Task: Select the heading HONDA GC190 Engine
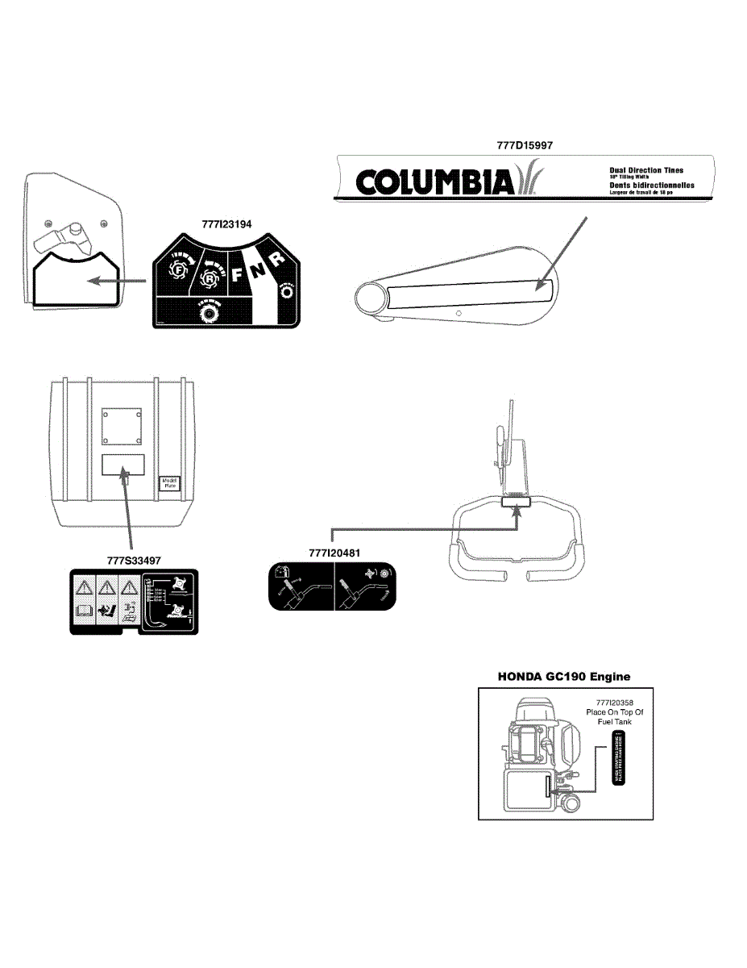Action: [x=563, y=675]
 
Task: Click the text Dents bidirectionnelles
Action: [x=651, y=186]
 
